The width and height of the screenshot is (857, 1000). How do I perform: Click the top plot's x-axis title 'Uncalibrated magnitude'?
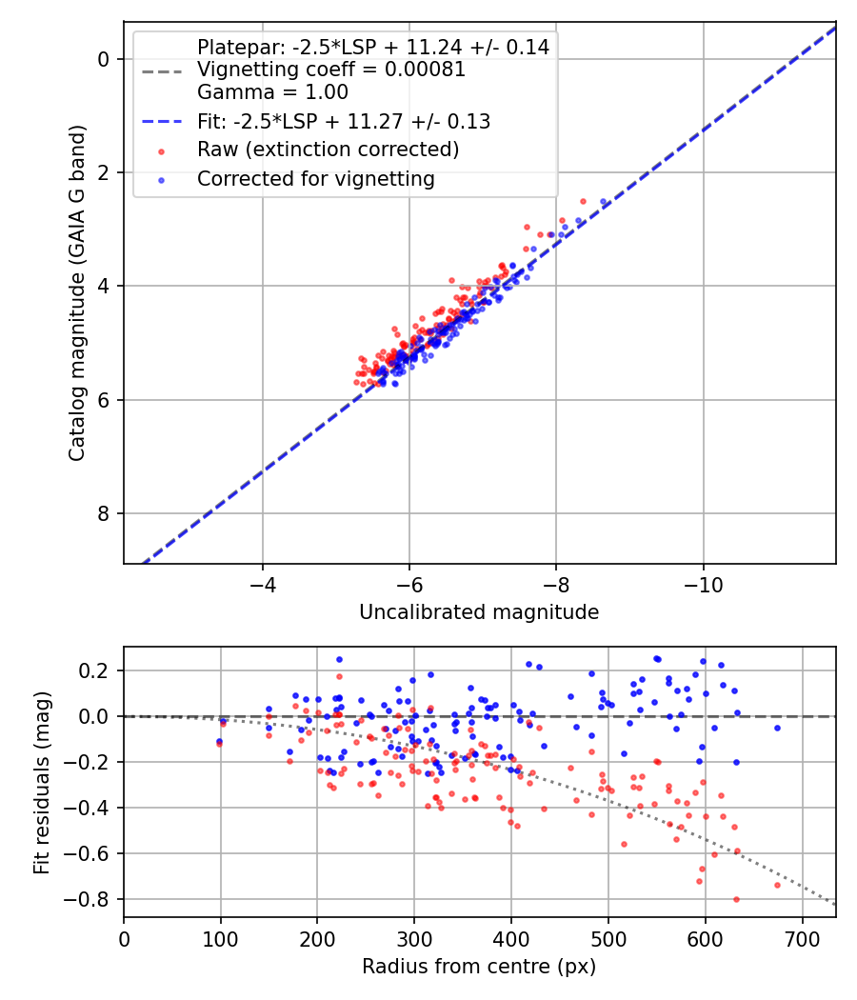tap(479, 612)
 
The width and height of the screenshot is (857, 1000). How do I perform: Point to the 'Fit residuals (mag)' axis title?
tap(41, 782)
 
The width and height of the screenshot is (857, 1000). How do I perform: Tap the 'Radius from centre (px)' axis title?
tap(479, 966)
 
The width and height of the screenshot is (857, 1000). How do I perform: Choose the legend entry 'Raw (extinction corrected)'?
tap(328, 150)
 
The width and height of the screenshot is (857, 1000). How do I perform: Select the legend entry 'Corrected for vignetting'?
tap(315, 178)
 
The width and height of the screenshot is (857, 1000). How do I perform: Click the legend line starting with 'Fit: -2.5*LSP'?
tap(344, 121)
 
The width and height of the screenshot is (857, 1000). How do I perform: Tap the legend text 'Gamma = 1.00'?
tap(272, 92)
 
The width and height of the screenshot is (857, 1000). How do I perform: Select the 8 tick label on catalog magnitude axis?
tap(105, 514)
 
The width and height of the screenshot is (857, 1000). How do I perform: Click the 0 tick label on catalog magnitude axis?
tap(105, 59)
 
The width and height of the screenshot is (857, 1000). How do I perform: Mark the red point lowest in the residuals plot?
tap(736, 899)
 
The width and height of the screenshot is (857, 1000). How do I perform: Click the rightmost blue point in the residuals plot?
tap(777, 728)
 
